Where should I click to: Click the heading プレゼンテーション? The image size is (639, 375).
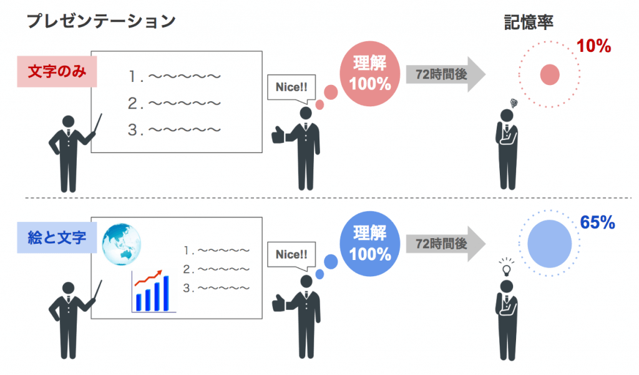101,21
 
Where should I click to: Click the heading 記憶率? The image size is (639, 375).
529,22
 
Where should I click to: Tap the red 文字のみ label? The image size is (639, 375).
57,71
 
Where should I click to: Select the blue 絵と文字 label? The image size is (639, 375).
57,237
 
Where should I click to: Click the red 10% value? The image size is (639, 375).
594,46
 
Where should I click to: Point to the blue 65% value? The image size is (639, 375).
597,222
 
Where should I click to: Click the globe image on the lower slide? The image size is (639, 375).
122,244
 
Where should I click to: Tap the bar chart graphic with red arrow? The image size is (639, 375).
154,291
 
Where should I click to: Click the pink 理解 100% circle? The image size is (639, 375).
369,74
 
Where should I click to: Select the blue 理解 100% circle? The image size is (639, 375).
369,244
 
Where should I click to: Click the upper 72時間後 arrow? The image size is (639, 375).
446,74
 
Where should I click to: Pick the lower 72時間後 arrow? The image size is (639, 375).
446,244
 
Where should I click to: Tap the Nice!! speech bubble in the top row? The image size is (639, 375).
291,87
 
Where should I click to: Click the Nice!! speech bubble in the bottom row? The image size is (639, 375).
291,254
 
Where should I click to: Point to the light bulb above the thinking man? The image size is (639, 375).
507,267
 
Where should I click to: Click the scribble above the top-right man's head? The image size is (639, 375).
514,103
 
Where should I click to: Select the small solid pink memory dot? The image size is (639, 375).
550,74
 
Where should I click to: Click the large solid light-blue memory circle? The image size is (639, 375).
549,244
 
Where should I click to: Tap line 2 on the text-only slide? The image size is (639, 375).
175,103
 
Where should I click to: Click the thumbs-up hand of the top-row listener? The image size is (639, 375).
278,135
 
